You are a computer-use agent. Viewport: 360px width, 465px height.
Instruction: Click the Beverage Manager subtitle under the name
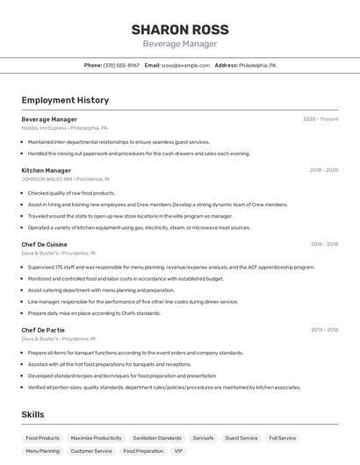click(x=179, y=44)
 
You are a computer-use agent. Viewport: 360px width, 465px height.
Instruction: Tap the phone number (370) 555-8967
click(x=121, y=65)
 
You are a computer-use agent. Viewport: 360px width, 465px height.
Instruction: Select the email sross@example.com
click(x=185, y=65)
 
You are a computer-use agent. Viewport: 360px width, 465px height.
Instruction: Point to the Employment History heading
click(x=65, y=100)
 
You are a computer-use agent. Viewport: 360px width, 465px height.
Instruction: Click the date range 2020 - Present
click(x=320, y=118)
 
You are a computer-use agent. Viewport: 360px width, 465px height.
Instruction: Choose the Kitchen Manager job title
click(x=47, y=170)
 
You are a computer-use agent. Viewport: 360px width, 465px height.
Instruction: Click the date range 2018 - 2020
click(x=323, y=170)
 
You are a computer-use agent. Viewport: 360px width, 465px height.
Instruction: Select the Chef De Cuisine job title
click(x=45, y=244)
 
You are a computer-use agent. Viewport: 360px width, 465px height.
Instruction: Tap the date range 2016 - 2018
click(x=324, y=244)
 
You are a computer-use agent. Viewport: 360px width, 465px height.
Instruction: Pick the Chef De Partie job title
click(x=44, y=330)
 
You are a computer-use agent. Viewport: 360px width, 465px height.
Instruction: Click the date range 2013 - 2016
click(x=324, y=330)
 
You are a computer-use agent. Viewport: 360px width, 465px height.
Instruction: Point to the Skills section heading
click(x=33, y=414)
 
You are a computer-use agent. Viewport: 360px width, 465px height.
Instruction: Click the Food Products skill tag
click(x=43, y=438)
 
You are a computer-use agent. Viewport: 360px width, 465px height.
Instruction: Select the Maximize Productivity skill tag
click(x=97, y=438)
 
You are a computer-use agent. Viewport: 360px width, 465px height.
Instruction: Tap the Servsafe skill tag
click(x=203, y=438)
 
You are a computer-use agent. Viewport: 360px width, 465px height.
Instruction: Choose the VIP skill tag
click(x=179, y=451)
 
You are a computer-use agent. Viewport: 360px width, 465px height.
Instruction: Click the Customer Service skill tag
click(x=91, y=451)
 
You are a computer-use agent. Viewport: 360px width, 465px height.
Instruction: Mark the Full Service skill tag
click(x=283, y=438)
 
